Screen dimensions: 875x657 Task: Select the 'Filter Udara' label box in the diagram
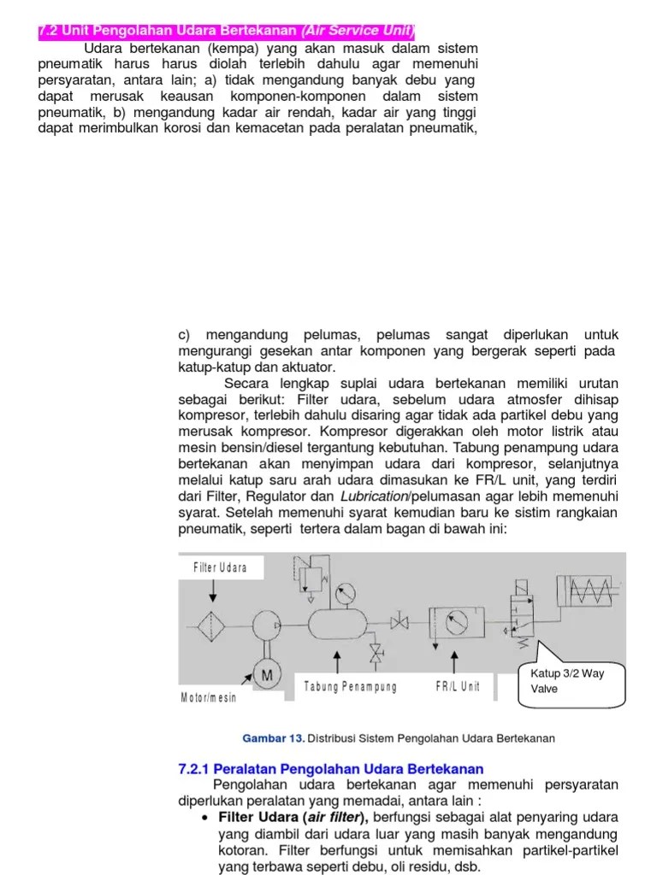(221, 567)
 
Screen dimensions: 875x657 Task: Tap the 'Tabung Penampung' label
(350, 686)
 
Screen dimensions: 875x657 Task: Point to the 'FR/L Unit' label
(457, 686)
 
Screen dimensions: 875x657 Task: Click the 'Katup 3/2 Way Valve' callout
(572, 680)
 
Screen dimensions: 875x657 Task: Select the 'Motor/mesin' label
(208, 698)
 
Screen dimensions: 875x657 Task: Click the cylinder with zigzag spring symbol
(591, 589)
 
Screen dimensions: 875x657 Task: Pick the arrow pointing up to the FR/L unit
(453, 661)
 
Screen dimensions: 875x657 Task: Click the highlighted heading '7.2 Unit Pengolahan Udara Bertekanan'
(227, 32)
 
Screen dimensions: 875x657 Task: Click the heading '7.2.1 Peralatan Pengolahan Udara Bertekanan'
(330, 769)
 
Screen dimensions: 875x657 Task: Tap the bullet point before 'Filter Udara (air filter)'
(205, 819)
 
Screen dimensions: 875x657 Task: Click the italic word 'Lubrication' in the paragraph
(372, 496)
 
